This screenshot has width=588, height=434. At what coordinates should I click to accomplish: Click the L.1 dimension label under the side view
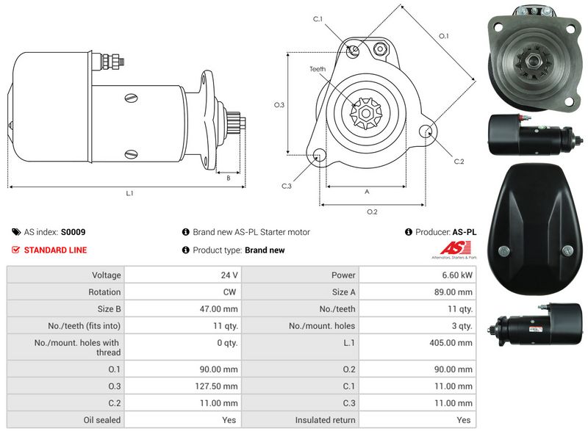point(129,193)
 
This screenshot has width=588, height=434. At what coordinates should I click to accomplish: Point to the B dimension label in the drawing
point(229,178)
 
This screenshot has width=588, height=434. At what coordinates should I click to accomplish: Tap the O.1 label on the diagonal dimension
point(444,36)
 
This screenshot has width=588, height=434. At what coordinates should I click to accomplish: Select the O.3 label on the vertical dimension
point(279,105)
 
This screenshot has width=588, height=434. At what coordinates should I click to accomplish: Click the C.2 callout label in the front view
point(459,162)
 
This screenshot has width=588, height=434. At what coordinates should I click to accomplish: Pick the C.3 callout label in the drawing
point(287,186)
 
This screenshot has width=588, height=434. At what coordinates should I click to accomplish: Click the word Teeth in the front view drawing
point(318,69)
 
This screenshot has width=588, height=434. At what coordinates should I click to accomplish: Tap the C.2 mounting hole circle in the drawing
point(426,131)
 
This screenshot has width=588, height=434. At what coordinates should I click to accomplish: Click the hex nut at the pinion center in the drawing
point(365,113)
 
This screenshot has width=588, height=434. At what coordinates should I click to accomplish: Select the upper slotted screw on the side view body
point(131,98)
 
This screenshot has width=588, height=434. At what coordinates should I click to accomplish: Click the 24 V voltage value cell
point(229,275)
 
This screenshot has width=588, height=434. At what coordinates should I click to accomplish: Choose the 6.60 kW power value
point(456,275)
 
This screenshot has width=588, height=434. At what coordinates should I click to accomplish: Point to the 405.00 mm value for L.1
point(451,342)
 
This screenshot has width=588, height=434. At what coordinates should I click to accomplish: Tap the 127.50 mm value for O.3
point(216,386)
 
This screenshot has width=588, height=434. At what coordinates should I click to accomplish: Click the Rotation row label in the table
point(104,292)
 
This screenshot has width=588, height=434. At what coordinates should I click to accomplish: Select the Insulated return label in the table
point(325,420)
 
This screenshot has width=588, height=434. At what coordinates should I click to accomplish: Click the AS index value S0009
point(73,232)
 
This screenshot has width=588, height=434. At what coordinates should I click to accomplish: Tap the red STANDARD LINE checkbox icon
point(15,250)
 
